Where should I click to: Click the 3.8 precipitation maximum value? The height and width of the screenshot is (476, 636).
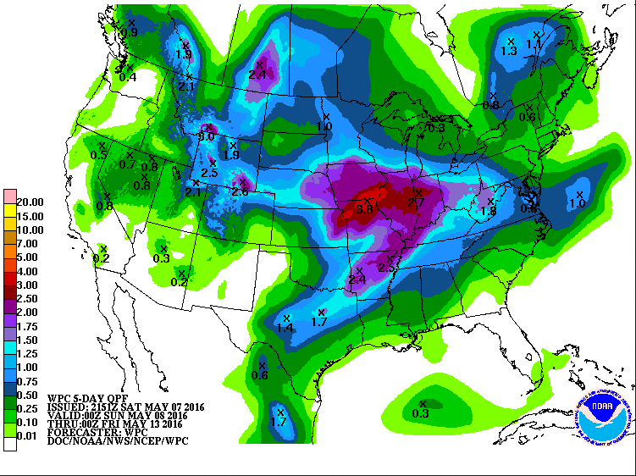(x=365, y=208)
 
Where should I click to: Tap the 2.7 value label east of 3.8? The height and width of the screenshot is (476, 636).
(x=416, y=203)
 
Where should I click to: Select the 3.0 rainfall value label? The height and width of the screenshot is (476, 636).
(x=207, y=136)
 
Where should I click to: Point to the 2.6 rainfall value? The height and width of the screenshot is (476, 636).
(x=240, y=192)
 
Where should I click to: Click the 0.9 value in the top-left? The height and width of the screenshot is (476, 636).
(x=130, y=31)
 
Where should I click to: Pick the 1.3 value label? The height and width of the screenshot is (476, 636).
(x=509, y=51)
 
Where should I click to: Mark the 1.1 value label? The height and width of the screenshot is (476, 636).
(x=534, y=43)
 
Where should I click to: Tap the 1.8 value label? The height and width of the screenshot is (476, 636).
(x=489, y=211)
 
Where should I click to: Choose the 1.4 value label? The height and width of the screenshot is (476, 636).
(x=285, y=328)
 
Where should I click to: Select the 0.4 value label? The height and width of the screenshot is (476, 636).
(x=128, y=76)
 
